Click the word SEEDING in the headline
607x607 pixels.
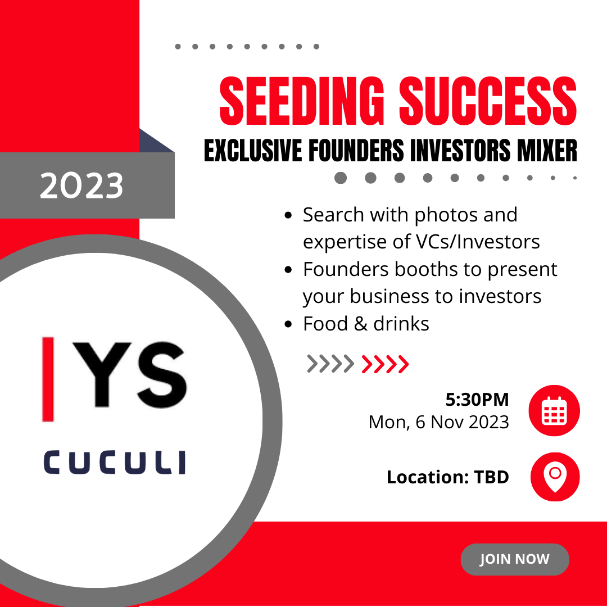302,101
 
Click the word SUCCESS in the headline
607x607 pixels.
488,101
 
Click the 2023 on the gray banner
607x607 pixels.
81,186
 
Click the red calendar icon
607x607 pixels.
554,410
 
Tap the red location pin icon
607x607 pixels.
555,477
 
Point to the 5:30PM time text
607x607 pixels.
477,400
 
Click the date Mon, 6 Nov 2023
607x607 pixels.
438,422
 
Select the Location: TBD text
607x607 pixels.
447,477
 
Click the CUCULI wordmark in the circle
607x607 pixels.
115,462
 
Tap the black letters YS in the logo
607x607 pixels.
130,375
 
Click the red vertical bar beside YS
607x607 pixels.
48,379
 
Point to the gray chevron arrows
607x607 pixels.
330,364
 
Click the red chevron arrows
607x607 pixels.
385,364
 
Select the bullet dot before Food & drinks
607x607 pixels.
288,324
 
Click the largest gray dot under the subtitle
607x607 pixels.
341,178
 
